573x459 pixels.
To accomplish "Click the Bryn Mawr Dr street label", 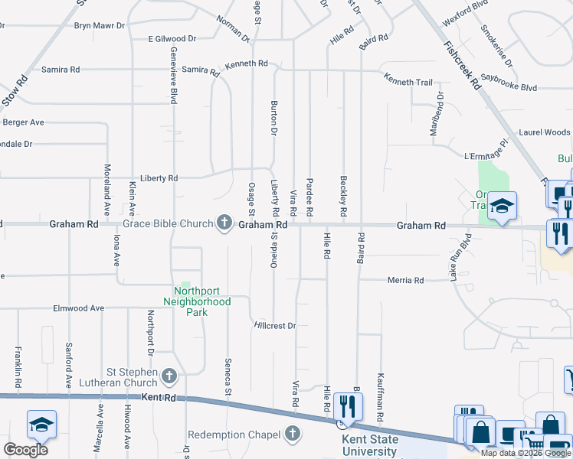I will [x=98, y=25].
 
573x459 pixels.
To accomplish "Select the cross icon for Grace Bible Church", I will [x=224, y=223].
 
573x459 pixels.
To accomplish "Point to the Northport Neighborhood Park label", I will [x=202, y=301].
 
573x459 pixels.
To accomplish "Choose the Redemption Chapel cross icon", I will [x=291, y=435].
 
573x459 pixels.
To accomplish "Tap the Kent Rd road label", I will [x=159, y=398].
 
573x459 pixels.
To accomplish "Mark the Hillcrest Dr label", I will [x=275, y=326].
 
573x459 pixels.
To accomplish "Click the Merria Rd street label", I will [x=407, y=281].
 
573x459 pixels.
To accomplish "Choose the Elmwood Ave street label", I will [x=77, y=308].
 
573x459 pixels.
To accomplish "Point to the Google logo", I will [x=25, y=449].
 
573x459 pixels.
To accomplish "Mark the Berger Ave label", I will [x=24, y=122].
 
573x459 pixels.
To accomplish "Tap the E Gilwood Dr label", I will [x=172, y=38].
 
